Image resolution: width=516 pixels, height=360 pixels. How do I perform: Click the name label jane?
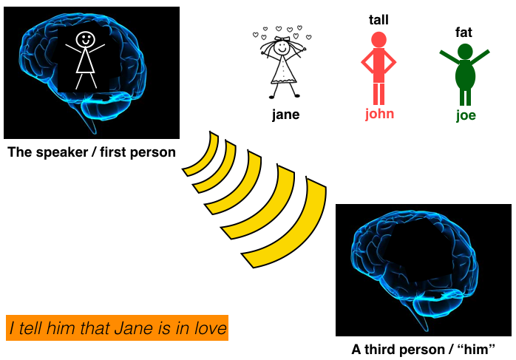click(x=285, y=115)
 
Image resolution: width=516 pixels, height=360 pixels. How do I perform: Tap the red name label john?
click(x=379, y=114)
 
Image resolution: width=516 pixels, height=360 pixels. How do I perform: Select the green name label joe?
click(x=465, y=115)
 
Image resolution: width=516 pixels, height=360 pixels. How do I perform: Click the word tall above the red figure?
click(x=378, y=20)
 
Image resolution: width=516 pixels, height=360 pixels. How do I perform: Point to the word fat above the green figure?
click(x=464, y=33)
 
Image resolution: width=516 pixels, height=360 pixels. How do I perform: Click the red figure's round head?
click(x=378, y=40)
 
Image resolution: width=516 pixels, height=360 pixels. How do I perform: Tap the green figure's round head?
click(x=464, y=51)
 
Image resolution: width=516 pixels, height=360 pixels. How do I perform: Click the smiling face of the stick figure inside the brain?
click(x=86, y=38)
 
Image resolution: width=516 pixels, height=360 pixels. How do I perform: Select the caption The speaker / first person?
click(x=91, y=153)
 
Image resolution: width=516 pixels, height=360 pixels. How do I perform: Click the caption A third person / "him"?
click(x=423, y=350)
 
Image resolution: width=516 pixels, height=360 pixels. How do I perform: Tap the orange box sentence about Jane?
click(x=118, y=327)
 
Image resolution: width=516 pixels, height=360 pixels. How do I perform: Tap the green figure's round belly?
click(x=464, y=75)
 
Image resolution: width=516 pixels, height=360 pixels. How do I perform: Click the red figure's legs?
click(x=378, y=95)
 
